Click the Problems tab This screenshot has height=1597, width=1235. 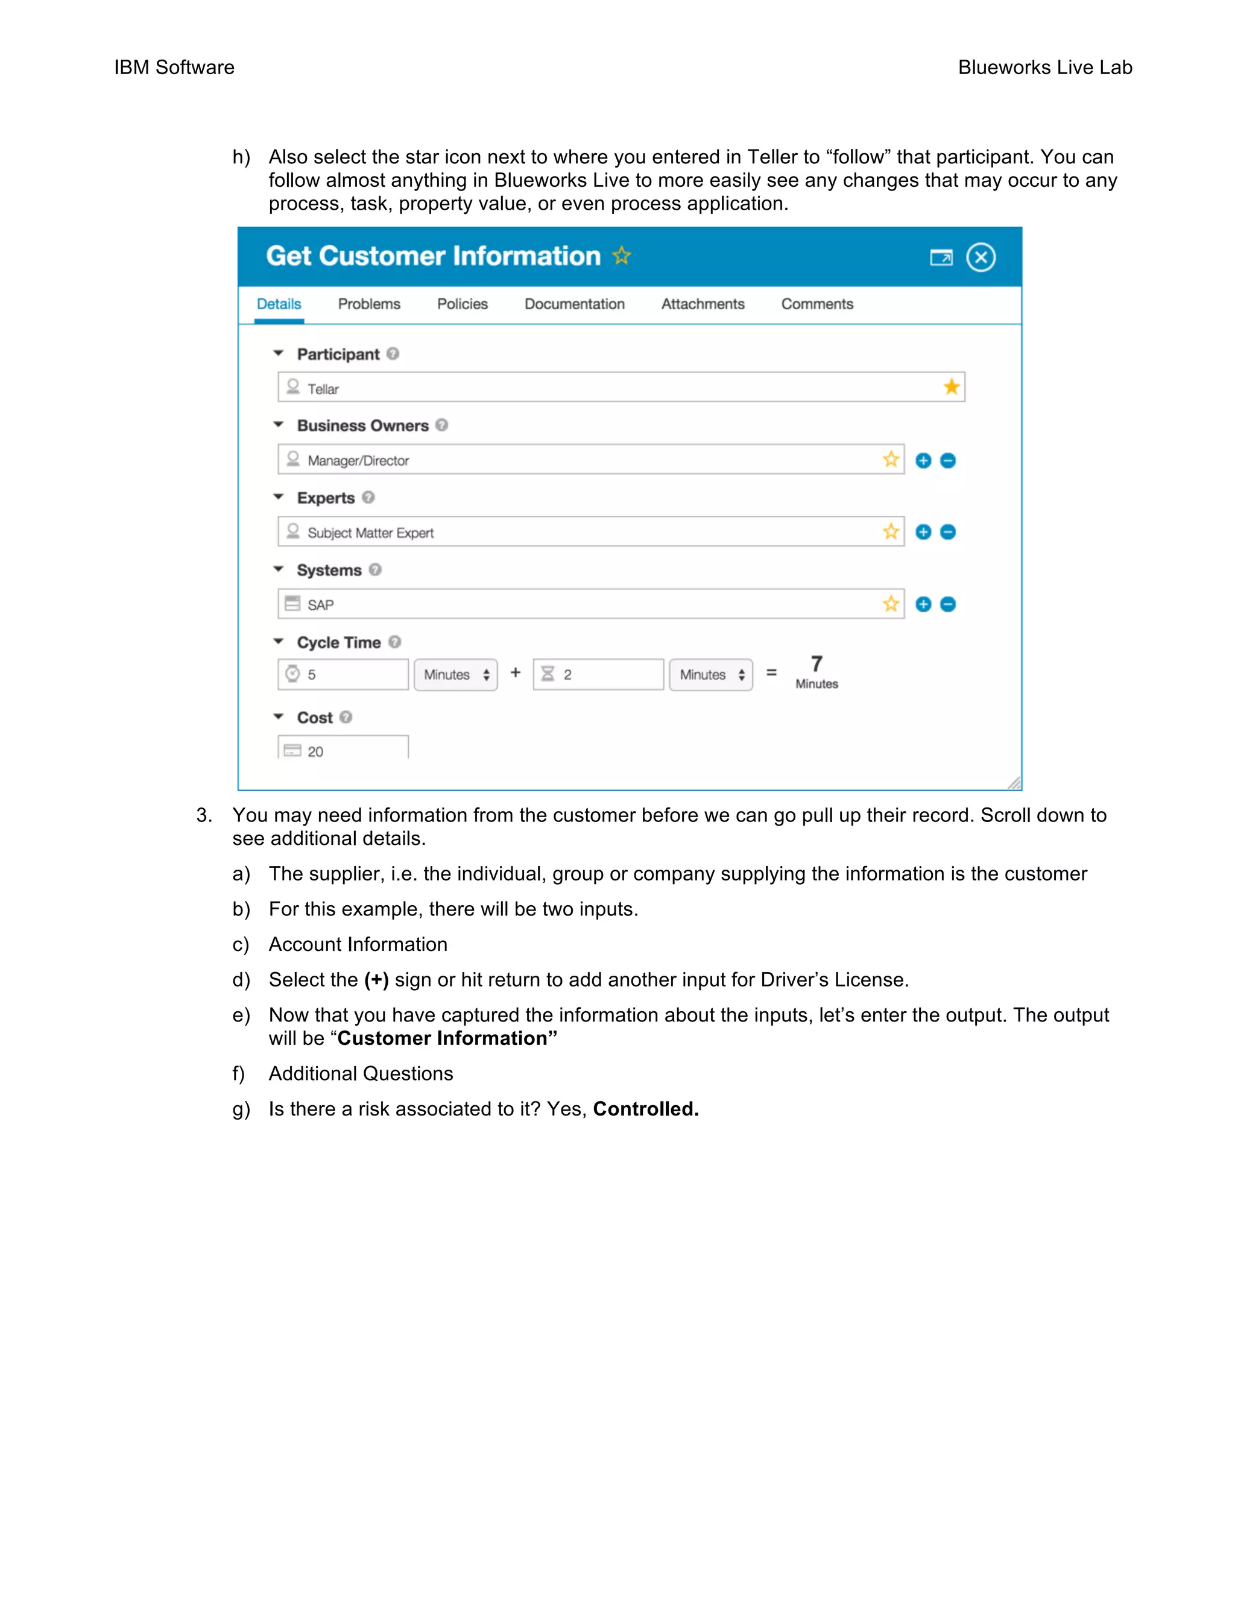pos(368,304)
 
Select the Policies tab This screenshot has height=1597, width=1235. pos(462,304)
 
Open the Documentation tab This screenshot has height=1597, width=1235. pos(574,304)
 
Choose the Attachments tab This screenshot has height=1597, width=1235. pos(703,304)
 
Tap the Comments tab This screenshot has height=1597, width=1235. pos(816,304)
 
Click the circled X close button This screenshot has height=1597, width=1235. pos(981,257)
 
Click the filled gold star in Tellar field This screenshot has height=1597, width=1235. pos(951,387)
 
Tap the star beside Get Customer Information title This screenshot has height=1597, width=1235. pos(621,256)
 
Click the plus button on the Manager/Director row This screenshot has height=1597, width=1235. pos(923,460)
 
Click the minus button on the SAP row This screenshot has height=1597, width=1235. pos(947,604)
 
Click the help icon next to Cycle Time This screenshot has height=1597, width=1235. pos(394,642)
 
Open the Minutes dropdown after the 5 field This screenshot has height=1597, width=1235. pos(456,675)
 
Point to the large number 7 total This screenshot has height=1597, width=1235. pos(816,664)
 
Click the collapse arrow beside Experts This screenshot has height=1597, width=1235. pos(278,497)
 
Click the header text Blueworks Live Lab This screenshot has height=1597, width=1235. pos(1045,67)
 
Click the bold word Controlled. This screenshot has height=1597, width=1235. pos(645,1109)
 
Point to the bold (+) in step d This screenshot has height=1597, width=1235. pos(376,980)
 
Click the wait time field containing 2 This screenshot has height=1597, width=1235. pos(598,674)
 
